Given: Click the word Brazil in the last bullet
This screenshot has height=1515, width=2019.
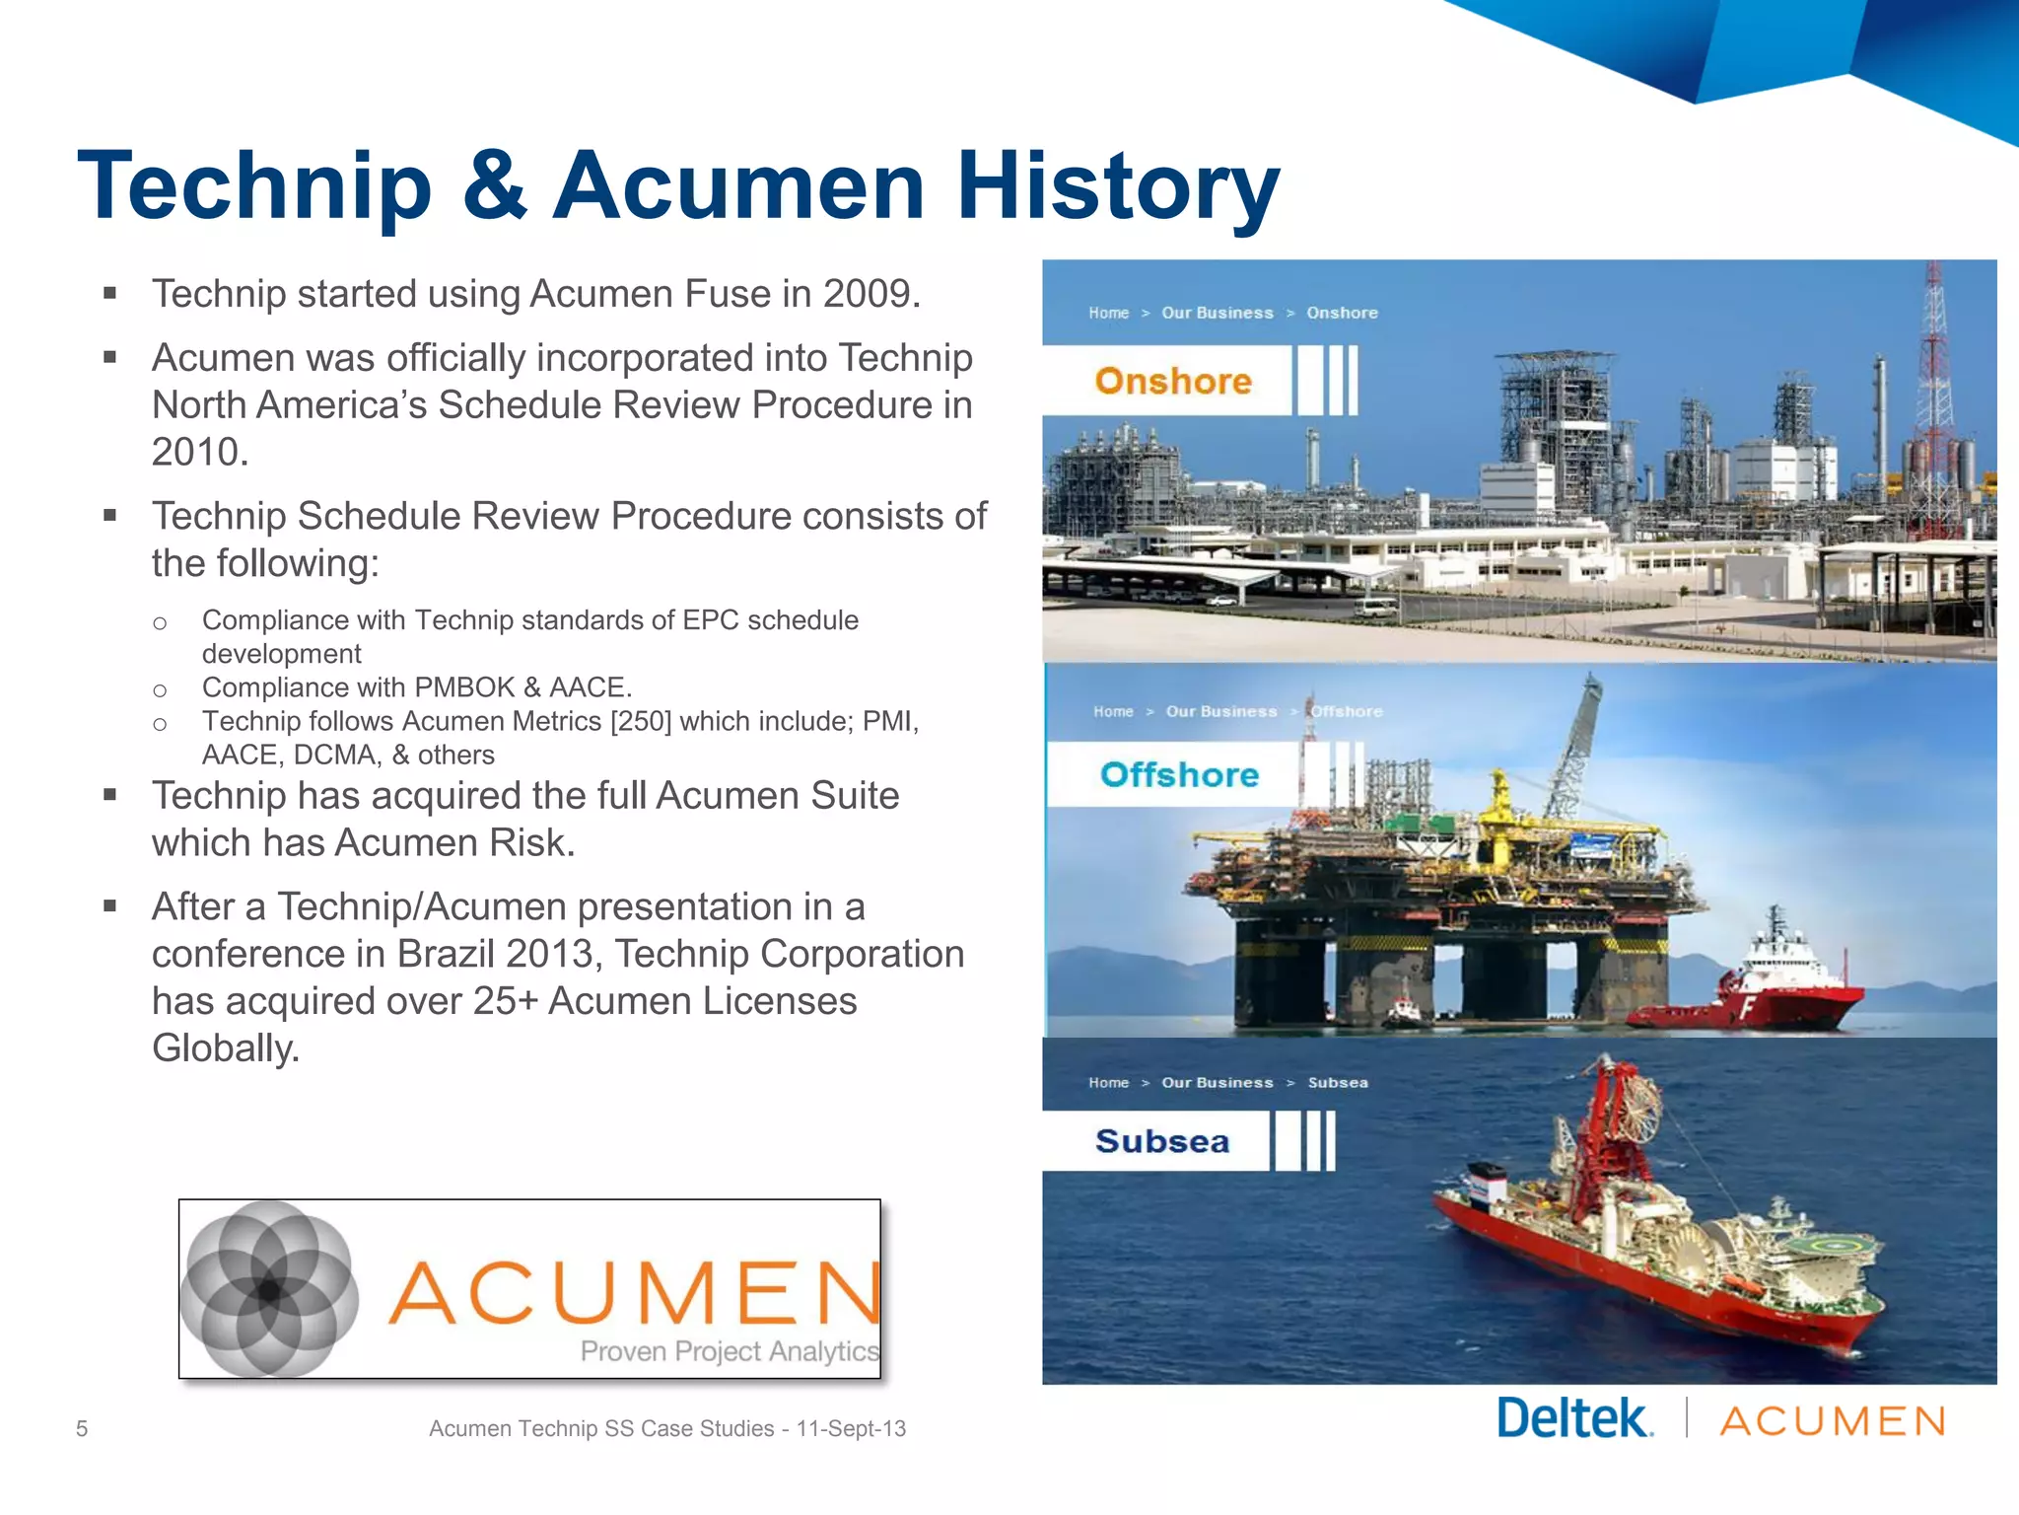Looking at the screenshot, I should [x=446, y=954].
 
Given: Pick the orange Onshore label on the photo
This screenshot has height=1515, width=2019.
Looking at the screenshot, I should [x=1172, y=381].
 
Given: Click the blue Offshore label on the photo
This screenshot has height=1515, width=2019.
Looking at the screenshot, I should [x=1179, y=774].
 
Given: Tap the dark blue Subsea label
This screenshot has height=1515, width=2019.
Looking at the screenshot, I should [x=1162, y=1141].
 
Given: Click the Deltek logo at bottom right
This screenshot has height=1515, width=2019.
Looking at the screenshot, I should [x=1574, y=1419].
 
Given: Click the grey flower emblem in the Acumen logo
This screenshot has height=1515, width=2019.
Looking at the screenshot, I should [x=269, y=1288].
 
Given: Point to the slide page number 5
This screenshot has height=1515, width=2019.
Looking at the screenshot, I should [x=82, y=1428].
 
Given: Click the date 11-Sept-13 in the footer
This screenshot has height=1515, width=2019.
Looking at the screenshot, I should [x=851, y=1428].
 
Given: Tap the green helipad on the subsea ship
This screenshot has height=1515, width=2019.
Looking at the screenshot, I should [x=1834, y=1247].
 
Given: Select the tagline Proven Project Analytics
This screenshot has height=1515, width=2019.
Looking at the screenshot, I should [x=729, y=1351].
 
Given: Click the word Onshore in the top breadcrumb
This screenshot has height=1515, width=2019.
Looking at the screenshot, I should [x=1342, y=313].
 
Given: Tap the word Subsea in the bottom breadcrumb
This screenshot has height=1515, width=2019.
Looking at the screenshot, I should [x=1338, y=1083].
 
